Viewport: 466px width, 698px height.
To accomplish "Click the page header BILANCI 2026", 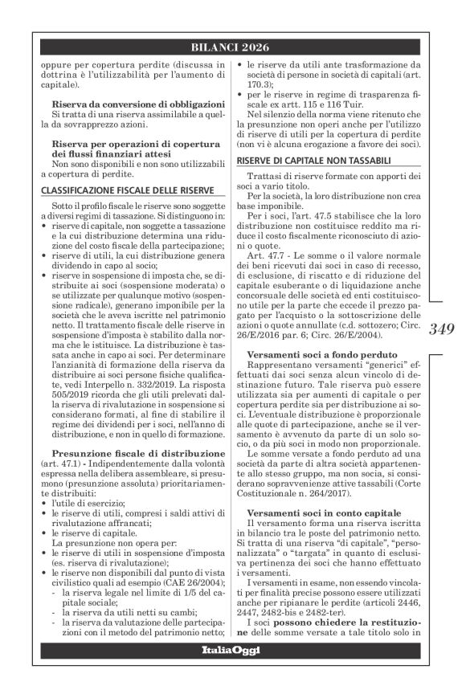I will [x=232, y=47].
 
